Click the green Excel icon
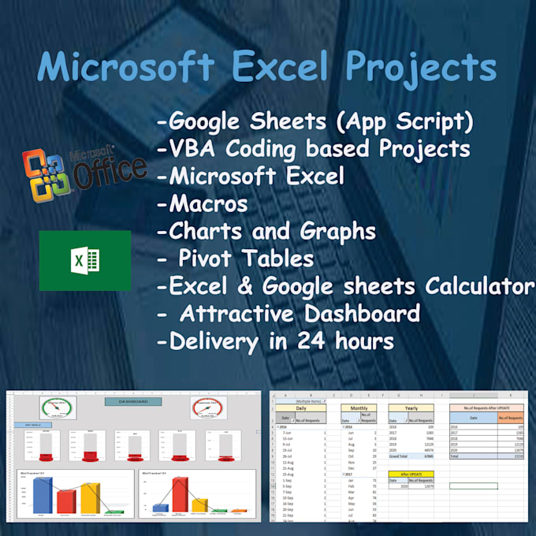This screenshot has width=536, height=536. pos(84,261)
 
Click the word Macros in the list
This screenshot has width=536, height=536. pos(203,204)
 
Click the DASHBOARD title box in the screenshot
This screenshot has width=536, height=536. pos(132,401)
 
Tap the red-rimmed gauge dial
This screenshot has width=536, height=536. pos(208,408)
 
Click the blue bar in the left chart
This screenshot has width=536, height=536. pos(43,494)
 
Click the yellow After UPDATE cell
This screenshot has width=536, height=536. pos(411,473)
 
